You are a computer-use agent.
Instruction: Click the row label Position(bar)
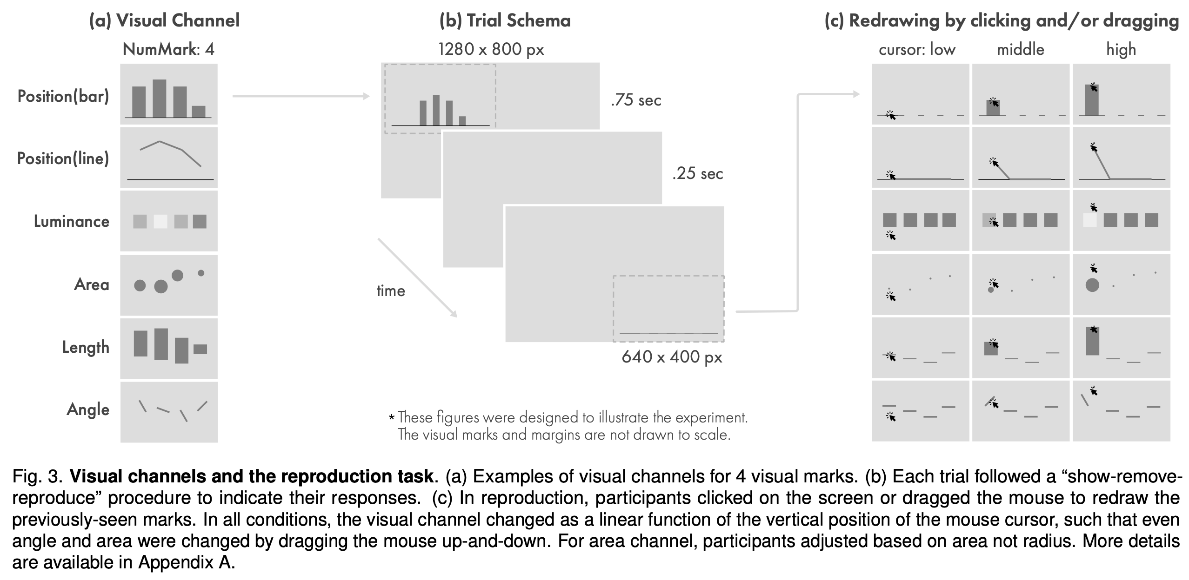click(x=63, y=96)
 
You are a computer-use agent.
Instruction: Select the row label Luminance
click(x=72, y=221)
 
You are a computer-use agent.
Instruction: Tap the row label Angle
click(x=88, y=409)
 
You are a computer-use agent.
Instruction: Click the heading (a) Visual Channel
click(x=164, y=20)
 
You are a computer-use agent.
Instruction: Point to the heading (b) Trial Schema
click(x=505, y=20)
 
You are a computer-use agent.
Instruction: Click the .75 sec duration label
click(x=636, y=100)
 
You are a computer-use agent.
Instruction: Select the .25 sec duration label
click(x=697, y=174)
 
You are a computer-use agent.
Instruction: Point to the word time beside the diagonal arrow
click(x=391, y=291)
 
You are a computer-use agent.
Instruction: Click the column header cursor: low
click(x=917, y=50)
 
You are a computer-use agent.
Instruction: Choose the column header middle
click(x=1021, y=50)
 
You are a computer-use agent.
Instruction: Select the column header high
click(x=1121, y=50)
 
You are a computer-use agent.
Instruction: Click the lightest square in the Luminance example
click(x=160, y=221)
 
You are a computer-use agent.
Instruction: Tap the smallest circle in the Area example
click(x=201, y=273)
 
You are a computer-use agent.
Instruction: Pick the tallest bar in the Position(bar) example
click(x=160, y=98)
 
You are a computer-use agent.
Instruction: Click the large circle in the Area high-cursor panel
click(x=1092, y=285)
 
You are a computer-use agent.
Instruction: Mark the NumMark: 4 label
click(x=168, y=49)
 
